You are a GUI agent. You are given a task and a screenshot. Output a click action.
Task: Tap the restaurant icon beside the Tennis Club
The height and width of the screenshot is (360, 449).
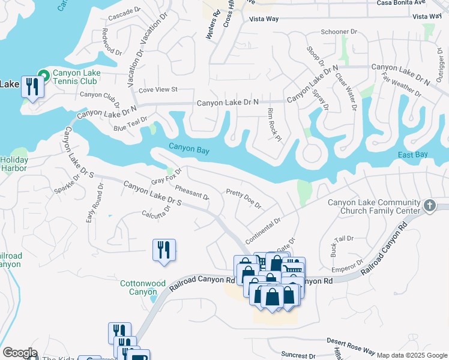pyautogui.click(x=31, y=86)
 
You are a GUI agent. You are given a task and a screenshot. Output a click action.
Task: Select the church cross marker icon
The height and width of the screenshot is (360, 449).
pyautogui.click(x=429, y=206)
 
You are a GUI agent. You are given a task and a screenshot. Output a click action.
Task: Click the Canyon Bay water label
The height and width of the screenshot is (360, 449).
pyautogui.click(x=188, y=149)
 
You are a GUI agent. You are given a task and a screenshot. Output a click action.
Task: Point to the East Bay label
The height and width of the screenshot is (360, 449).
pyautogui.click(x=413, y=155)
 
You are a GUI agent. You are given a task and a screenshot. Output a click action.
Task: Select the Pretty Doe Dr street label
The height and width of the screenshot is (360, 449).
pyautogui.click(x=244, y=199)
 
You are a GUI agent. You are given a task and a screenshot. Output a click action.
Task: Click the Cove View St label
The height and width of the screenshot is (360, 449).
pyautogui.click(x=158, y=90)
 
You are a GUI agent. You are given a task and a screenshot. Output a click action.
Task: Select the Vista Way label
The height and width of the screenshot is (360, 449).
pyautogui.click(x=264, y=19)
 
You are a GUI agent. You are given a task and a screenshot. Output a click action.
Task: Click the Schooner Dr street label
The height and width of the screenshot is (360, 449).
pyautogui.click(x=339, y=31)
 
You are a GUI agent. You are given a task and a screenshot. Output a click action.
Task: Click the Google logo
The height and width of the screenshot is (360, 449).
pyautogui.click(x=20, y=353)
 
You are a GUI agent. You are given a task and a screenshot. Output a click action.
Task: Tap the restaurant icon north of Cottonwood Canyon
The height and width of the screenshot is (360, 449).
pyautogui.click(x=164, y=249)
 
